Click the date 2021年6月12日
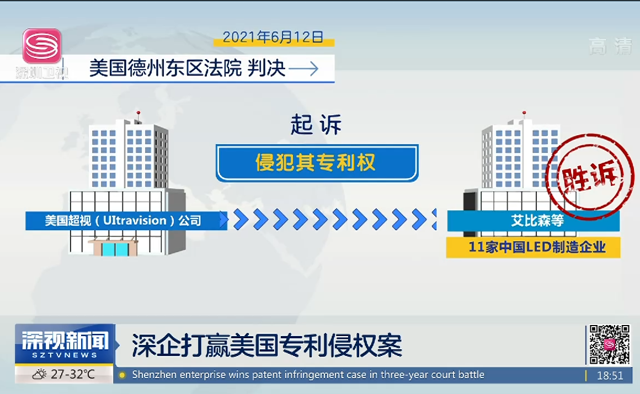click(273, 37)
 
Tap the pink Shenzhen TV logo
click(42, 46)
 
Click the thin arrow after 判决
click(303, 68)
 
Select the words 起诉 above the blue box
click(316, 125)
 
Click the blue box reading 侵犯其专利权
click(317, 162)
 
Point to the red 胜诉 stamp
click(590, 177)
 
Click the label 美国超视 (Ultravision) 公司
click(123, 221)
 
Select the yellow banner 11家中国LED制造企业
click(533, 247)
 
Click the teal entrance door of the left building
click(115, 249)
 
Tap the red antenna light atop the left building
click(138, 113)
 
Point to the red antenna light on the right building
click(524, 113)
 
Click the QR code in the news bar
click(610, 344)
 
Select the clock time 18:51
click(610, 375)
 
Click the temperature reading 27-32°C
click(73, 374)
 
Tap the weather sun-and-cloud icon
click(40, 374)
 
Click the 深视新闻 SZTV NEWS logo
click(65, 344)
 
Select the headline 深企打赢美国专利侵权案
click(267, 345)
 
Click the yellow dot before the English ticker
click(121, 375)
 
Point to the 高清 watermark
click(610, 46)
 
